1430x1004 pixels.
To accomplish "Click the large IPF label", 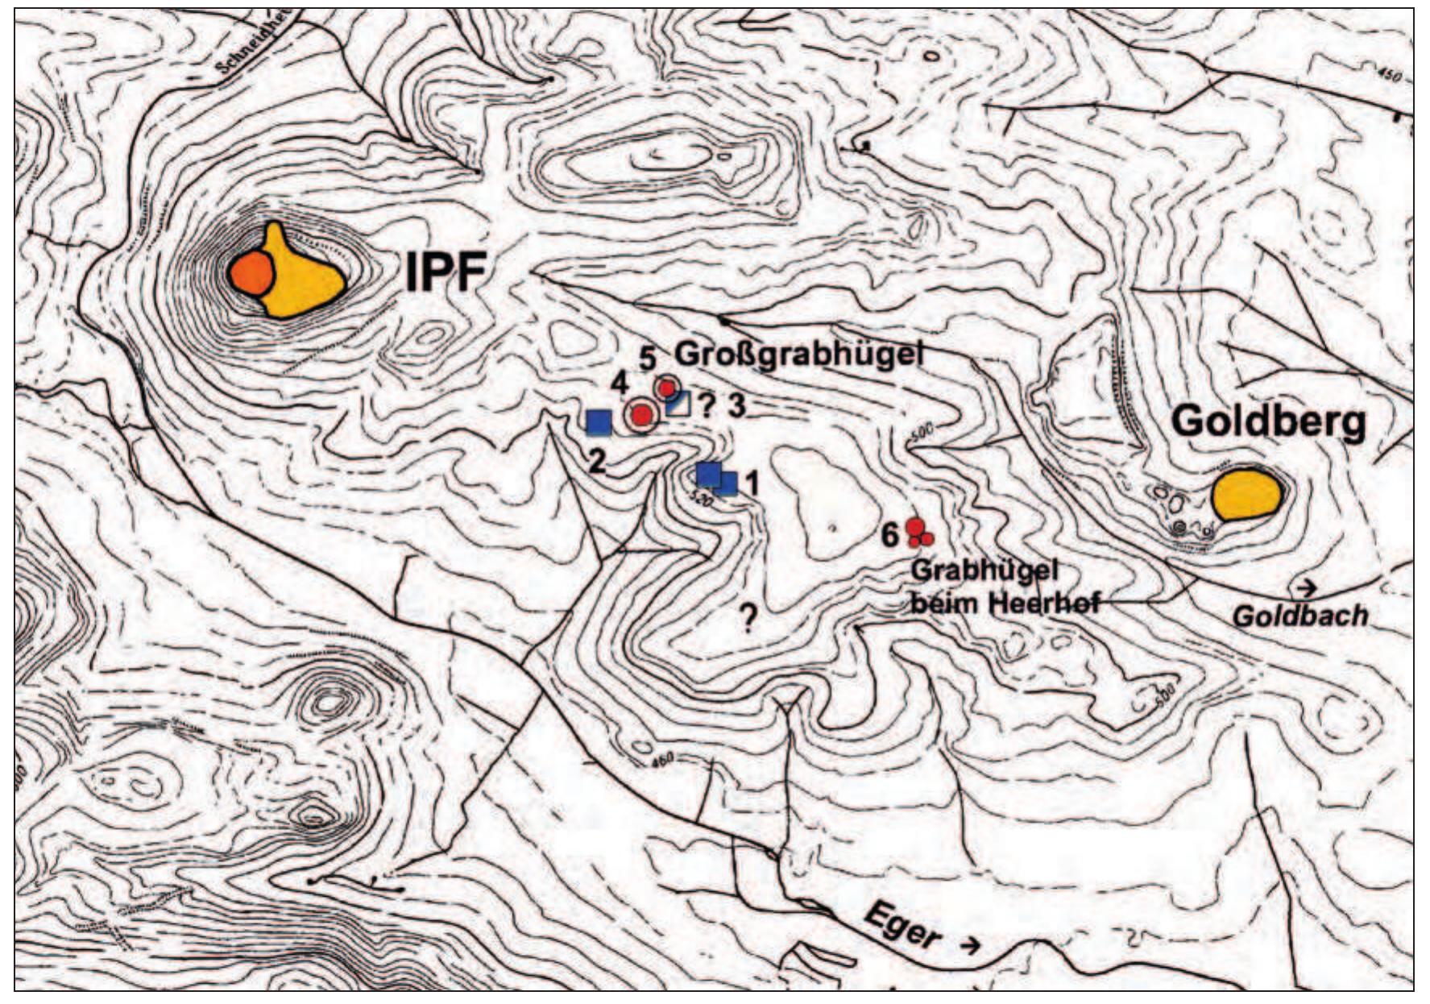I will point(445,272).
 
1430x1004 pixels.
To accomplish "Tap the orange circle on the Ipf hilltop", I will point(251,273).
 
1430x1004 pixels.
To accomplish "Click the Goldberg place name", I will point(1267,421).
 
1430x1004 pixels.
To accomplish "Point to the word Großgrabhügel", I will point(798,354).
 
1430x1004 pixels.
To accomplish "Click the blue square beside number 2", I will point(599,421).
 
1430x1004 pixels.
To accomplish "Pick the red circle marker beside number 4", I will point(641,415).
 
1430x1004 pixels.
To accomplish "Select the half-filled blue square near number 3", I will point(678,403).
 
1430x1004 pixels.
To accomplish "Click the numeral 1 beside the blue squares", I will point(752,483).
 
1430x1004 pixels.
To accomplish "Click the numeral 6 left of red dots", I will point(889,534).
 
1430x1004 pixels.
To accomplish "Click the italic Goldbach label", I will point(1300,616).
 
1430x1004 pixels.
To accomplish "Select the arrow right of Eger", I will point(972,944).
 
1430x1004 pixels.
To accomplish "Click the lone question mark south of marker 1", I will point(748,619).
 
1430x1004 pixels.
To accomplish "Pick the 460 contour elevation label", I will point(662,758).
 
